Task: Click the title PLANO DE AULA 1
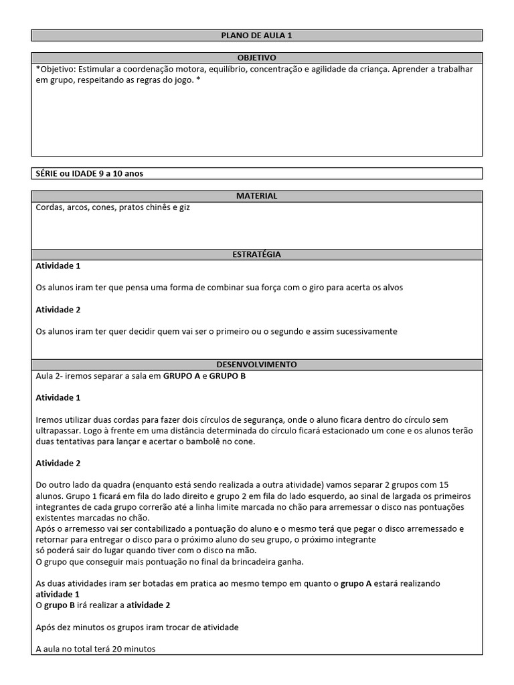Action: click(x=256, y=35)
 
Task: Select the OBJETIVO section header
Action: click(x=256, y=58)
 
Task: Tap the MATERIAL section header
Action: click(x=256, y=196)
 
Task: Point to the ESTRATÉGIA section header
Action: click(x=256, y=254)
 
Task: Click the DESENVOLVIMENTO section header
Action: click(x=256, y=365)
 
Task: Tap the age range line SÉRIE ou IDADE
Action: click(x=89, y=173)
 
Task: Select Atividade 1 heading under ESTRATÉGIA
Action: click(x=58, y=266)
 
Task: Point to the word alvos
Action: click(x=392, y=288)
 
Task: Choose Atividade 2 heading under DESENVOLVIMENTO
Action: click(x=58, y=463)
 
